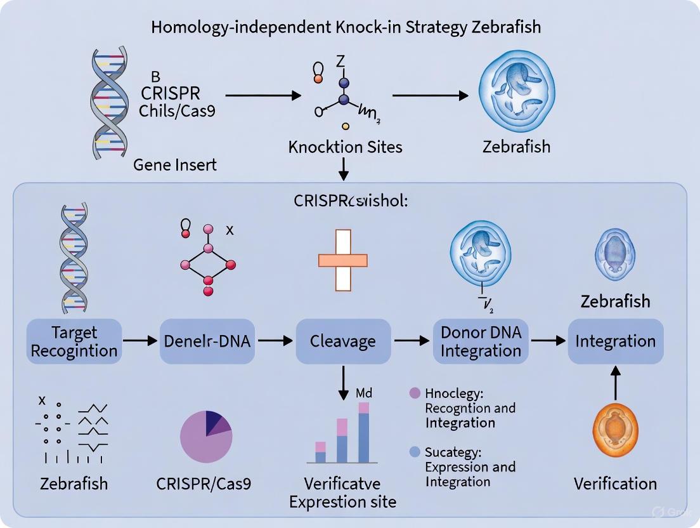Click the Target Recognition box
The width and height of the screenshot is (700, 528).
(x=74, y=341)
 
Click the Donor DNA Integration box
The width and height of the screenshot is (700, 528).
(x=480, y=341)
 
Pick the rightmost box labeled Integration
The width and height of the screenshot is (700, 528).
(x=615, y=341)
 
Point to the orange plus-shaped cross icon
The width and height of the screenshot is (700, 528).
(x=342, y=260)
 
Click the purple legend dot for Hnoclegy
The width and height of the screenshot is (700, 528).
(x=415, y=393)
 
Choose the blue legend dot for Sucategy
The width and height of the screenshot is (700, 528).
(x=415, y=452)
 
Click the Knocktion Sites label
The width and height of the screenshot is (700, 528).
(x=345, y=147)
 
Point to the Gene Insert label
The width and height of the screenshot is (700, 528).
(x=175, y=165)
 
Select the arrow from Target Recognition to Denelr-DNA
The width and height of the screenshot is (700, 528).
(x=139, y=341)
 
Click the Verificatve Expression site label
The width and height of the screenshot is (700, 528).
(x=342, y=492)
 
